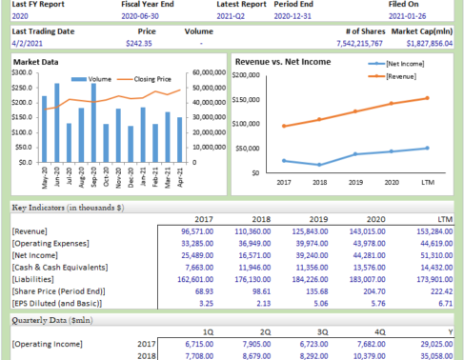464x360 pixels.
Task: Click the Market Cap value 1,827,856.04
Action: (427, 43)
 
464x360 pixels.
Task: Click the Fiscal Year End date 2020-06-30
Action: (144, 16)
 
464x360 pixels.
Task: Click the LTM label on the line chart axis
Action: (427, 182)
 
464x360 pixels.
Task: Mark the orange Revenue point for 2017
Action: (283, 126)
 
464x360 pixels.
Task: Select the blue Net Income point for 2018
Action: (319, 165)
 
